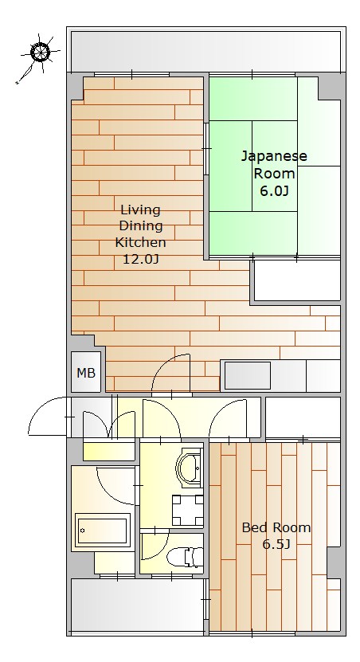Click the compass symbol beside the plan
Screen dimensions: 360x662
click(x=41, y=53)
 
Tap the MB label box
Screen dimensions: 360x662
click(x=86, y=372)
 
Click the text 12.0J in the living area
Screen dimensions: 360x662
click(x=140, y=259)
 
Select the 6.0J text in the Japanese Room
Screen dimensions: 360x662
click(x=274, y=191)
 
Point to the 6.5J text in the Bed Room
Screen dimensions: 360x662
click(x=276, y=544)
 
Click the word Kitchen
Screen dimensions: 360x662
click(x=140, y=242)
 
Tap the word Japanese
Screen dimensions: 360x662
click(x=274, y=157)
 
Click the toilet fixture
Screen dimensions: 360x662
click(x=185, y=557)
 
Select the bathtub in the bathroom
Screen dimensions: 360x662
click(x=103, y=530)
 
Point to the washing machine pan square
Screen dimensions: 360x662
click(x=187, y=510)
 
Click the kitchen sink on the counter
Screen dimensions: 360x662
click(x=248, y=375)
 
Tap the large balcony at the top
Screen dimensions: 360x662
click(x=206, y=52)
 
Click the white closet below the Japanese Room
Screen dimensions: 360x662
click(x=297, y=280)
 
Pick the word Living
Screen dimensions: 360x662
click(x=140, y=210)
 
